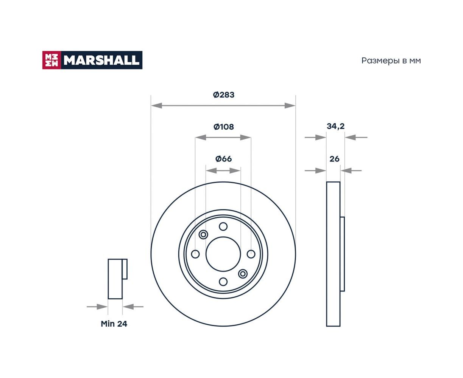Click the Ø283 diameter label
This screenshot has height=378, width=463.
223,95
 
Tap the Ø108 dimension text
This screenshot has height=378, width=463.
223,127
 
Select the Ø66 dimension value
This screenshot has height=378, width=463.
223,158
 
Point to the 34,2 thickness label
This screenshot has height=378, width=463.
335,126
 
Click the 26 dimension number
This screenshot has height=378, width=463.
334,159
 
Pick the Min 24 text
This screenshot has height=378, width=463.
114,324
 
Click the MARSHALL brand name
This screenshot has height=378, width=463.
101,60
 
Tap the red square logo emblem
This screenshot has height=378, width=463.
51,60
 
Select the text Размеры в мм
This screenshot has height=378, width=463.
391,61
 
